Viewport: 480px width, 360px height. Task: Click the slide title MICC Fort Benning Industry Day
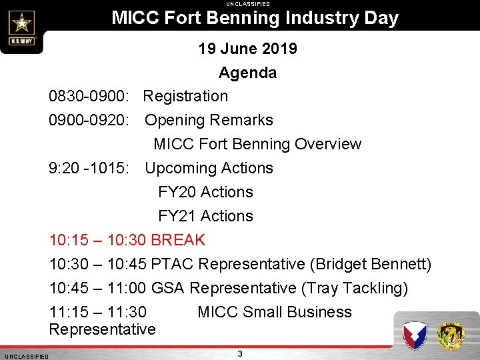(x=255, y=18)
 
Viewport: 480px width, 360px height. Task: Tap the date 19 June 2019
(x=247, y=49)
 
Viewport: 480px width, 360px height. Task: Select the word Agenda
(x=247, y=73)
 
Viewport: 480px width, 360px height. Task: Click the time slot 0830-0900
(x=91, y=96)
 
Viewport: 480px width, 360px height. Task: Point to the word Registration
(x=186, y=96)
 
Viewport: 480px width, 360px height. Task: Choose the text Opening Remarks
(x=209, y=120)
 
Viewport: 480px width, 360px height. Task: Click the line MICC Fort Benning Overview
(x=257, y=144)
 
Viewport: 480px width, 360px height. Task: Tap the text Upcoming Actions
(x=209, y=168)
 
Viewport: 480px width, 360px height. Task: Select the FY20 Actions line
(x=205, y=192)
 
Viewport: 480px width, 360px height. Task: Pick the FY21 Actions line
(x=205, y=216)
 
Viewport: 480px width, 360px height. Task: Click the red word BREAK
(x=178, y=240)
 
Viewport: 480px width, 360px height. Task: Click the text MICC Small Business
(x=275, y=312)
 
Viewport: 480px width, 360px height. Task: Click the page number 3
(x=240, y=353)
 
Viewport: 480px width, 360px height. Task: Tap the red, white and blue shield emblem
(x=415, y=335)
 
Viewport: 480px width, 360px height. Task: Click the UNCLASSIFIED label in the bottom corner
(x=25, y=357)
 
